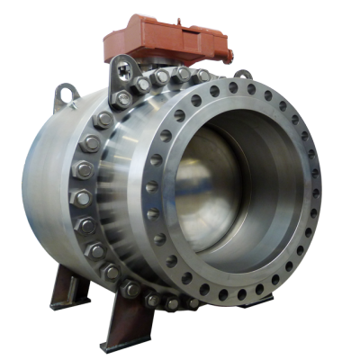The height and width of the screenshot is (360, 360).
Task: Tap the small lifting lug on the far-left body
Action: coord(65,92)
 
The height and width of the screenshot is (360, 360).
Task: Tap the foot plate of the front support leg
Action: coord(112,347)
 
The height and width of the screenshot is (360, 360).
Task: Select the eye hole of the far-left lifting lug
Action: coord(66,90)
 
